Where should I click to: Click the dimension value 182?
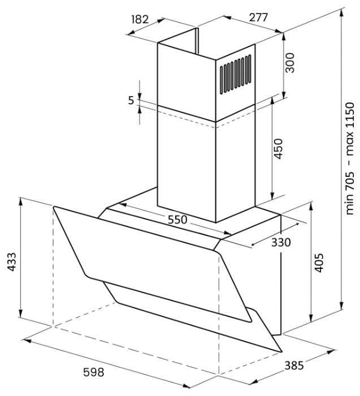(140, 19)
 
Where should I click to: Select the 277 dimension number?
(258, 18)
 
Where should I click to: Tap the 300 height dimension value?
(290, 63)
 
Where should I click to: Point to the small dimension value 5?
(131, 100)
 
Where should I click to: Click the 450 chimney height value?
(278, 149)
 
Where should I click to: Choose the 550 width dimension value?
(177, 220)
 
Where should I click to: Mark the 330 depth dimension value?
(281, 242)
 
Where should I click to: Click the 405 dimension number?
(319, 263)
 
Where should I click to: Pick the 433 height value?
(12, 262)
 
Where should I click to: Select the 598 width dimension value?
(93, 372)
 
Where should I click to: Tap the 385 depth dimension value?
(294, 365)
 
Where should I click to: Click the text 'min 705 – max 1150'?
(350, 158)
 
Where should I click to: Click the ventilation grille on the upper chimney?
(236, 74)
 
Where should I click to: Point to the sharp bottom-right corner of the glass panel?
(281, 351)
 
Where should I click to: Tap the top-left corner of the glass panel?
(54, 207)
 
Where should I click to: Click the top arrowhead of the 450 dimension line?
(272, 102)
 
